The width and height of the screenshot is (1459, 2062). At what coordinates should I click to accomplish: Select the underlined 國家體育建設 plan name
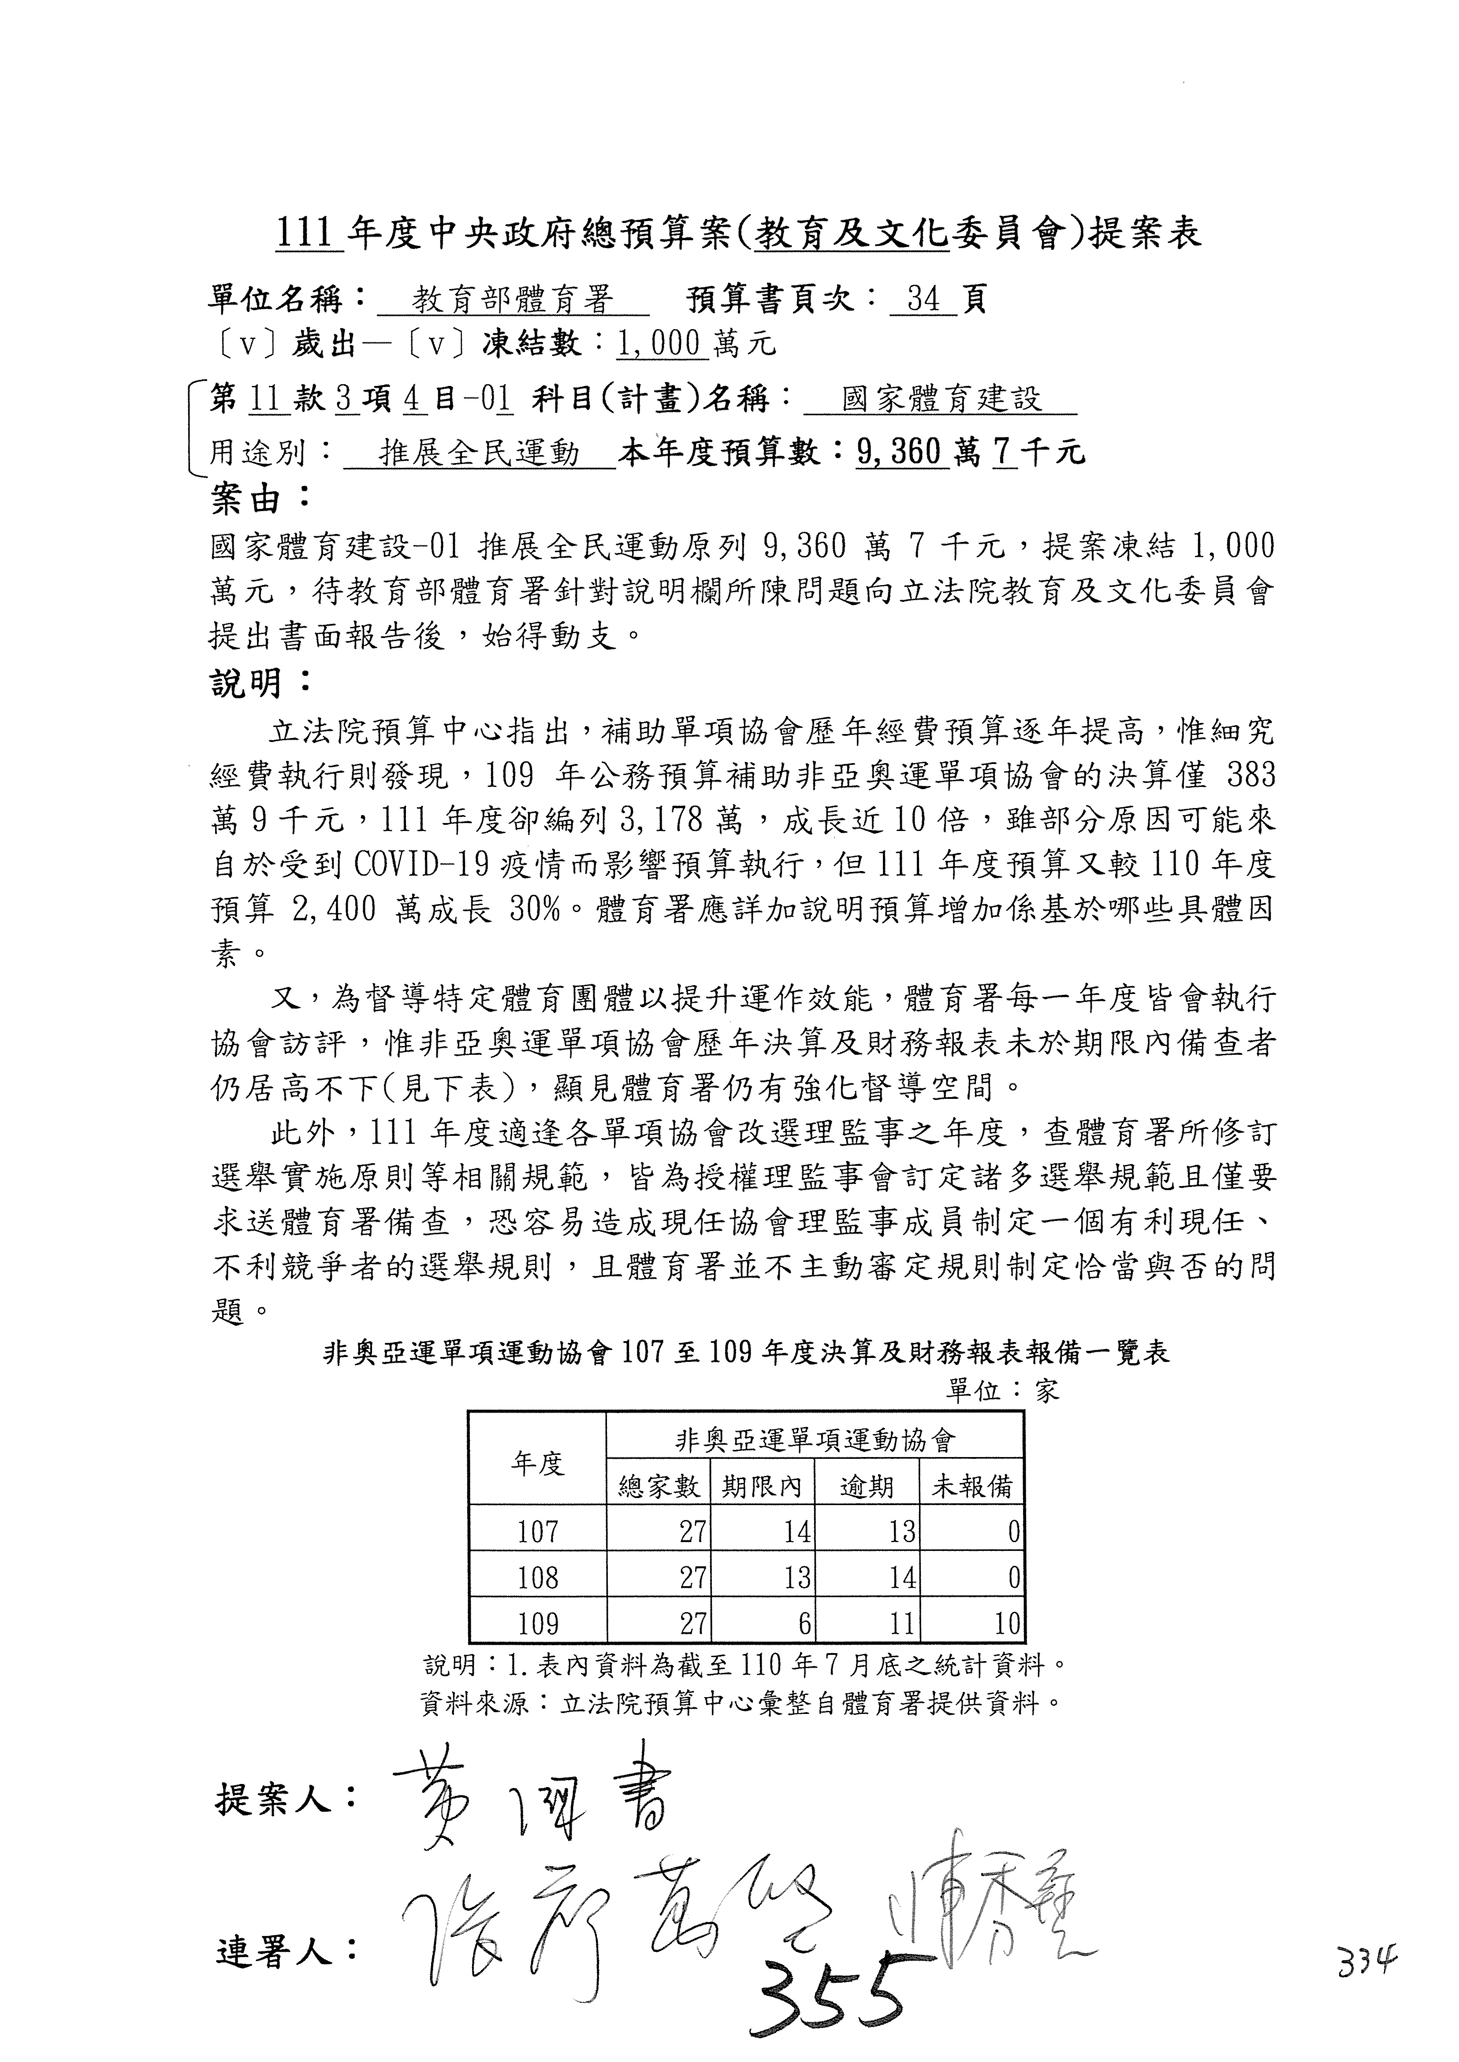point(941,399)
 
